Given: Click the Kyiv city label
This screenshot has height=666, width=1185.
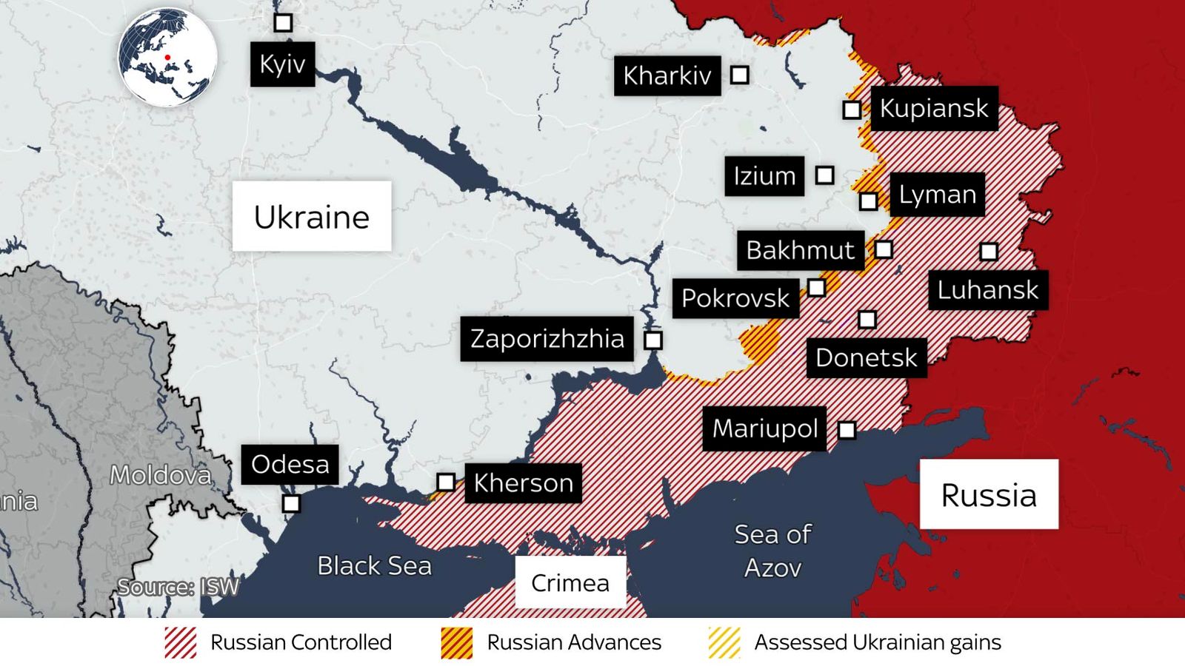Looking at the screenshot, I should [x=282, y=64].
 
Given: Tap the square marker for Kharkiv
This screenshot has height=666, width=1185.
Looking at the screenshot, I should [x=739, y=75].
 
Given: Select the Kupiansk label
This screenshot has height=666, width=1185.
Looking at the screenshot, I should [x=933, y=109].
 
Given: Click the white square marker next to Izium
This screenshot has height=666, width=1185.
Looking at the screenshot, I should [x=824, y=175].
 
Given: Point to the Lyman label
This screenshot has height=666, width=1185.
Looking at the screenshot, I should [x=937, y=195].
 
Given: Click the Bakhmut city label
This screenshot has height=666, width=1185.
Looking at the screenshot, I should [x=800, y=250].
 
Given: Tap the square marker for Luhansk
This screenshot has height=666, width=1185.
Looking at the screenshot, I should [x=988, y=252].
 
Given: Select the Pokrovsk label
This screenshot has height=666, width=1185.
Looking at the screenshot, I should [x=735, y=298].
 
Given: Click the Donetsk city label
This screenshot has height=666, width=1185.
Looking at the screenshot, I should [x=866, y=358].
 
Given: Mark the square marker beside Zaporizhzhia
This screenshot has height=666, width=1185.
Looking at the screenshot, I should [x=652, y=340].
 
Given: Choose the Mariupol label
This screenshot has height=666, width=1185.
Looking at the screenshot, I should [x=764, y=428].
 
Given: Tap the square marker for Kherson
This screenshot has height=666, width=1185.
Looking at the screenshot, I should [x=445, y=482].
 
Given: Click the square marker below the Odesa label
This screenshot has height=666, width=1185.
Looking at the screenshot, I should [x=291, y=504].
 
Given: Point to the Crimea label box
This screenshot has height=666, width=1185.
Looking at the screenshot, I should [x=570, y=583].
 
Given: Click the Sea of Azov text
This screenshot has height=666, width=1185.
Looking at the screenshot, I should [x=772, y=551].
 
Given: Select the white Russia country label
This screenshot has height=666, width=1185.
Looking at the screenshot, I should [x=989, y=495].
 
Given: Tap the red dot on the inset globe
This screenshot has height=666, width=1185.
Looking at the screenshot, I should [x=167, y=57].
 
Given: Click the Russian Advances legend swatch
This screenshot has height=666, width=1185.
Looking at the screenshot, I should [x=456, y=642].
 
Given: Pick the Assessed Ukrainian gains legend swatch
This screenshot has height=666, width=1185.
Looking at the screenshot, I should [x=724, y=642].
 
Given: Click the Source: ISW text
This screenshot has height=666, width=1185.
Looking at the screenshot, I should [x=178, y=588].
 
